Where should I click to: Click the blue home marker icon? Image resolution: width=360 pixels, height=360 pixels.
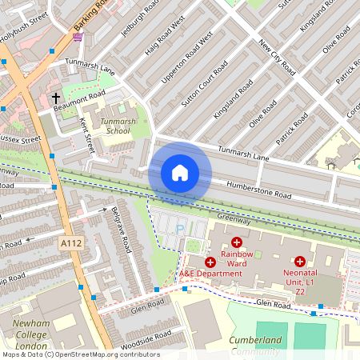[x=180, y=173]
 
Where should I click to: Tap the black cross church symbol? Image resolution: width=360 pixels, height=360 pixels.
[x=57, y=98]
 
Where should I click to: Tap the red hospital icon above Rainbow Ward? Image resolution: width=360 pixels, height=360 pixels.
[x=237, y=242]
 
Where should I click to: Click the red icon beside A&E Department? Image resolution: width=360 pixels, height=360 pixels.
[x=210, y=262]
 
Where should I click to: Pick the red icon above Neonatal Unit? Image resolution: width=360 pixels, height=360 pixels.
[x=300, y=261]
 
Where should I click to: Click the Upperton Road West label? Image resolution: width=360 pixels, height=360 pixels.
[x=190, y=60]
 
